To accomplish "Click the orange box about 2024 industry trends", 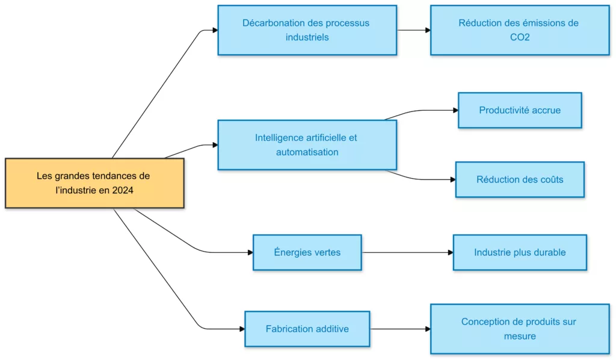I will [x=94, y=183].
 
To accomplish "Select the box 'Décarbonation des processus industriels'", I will [x=307, y=30].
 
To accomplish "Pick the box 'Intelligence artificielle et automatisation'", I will [x=307, y=144].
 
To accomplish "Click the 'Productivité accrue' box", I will [x=520, y=110].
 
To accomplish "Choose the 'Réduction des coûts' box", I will [x=520, y=179].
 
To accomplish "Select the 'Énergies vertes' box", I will [x=307, y=252].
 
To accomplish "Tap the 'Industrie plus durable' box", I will [x=520, y=252].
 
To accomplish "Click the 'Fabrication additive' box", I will [x=307, y=329].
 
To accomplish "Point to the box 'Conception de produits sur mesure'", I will [x=519, y=329].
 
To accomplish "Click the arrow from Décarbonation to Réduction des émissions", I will [x=413, y=30].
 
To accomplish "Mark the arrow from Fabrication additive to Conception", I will [x=399, y=329].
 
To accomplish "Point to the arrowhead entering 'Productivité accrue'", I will [x=455, y=110].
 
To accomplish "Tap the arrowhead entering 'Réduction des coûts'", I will [x=452, y=179].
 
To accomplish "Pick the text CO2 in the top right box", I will [x=519, y=37].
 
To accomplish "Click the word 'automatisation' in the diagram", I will [x=307, y=152].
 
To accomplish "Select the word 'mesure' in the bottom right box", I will [x=519, y=336].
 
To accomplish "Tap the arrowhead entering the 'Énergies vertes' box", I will [x=250, y=252].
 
